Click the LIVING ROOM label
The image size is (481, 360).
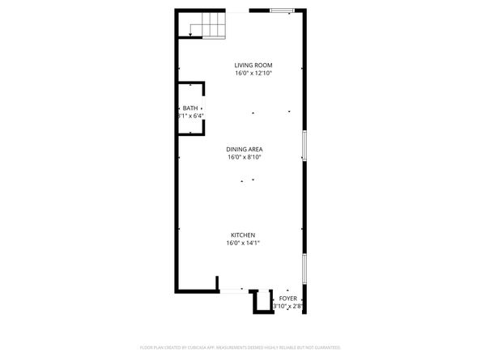[253, 65]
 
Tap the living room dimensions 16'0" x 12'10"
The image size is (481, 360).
[253, 73]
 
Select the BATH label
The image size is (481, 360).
[189, 108]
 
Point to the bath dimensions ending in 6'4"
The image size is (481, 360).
[190, 116]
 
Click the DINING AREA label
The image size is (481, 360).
[245, 149]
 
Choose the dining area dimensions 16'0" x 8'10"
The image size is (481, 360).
[245, 157]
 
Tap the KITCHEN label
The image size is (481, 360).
[243, 235]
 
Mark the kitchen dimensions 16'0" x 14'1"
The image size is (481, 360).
[243, 243]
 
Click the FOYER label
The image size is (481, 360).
[287, 299]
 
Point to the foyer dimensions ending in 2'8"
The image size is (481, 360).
[287, 307]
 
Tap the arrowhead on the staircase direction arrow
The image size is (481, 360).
[191, 36]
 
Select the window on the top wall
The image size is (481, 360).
[282, 11]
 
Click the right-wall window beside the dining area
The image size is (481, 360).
[304, 146]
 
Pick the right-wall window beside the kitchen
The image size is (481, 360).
[304, 269]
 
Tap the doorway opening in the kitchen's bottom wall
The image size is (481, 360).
[232, 290]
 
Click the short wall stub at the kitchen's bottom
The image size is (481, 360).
[217, 283]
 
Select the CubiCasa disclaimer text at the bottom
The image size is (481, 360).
[240, 347]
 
